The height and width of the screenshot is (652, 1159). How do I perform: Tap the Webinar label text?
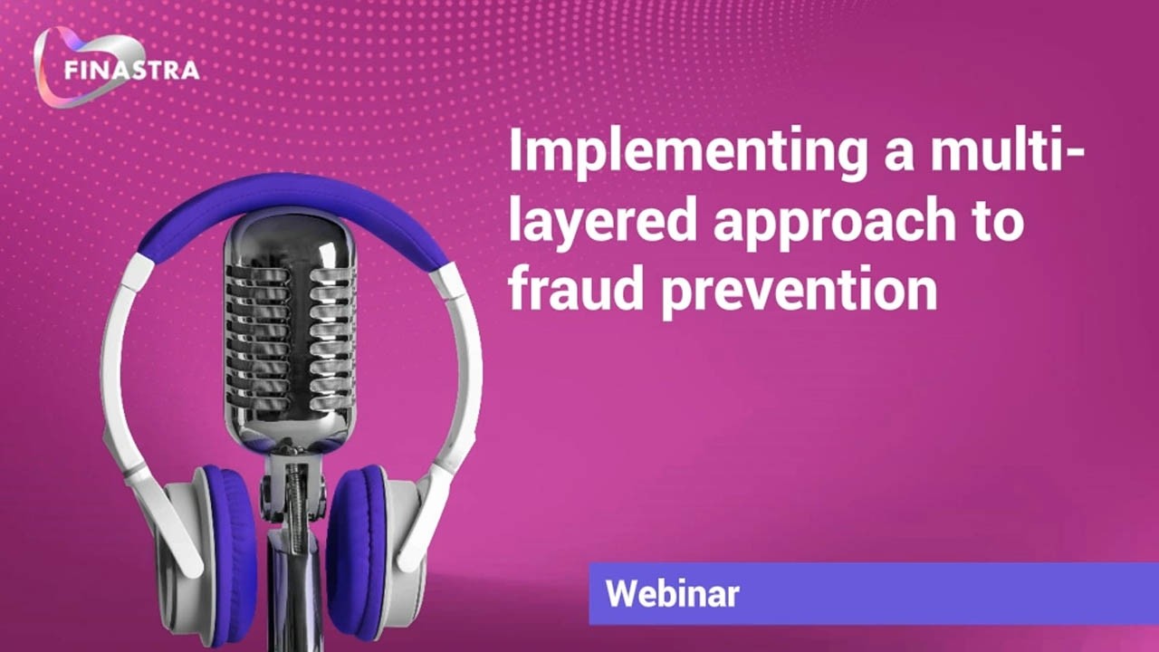tap(672, 594)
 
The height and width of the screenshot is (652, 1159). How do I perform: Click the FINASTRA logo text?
tap(132, 70)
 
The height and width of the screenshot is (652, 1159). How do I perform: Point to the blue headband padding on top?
tap(290, 204)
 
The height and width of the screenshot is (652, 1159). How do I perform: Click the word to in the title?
tap(996, 222)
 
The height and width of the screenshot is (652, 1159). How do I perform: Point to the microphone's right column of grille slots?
tap(330, 335)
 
